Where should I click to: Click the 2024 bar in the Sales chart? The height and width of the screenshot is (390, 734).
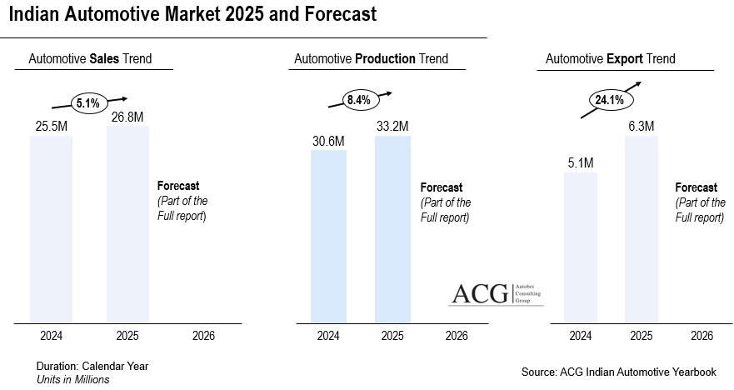tap(51, 228)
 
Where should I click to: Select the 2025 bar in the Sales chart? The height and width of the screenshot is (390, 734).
tap(127, 224)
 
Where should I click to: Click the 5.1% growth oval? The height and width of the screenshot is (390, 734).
tap(87, 103)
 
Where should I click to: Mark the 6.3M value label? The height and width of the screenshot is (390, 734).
tap(642, 126)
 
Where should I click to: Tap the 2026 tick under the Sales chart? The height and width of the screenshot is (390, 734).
tap(203, 336)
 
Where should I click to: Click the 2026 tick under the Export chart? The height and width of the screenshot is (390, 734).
tap(702, 336)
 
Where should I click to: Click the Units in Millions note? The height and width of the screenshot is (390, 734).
tap(72, 379)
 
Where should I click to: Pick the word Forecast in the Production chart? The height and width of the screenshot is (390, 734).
tap(442, 187)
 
